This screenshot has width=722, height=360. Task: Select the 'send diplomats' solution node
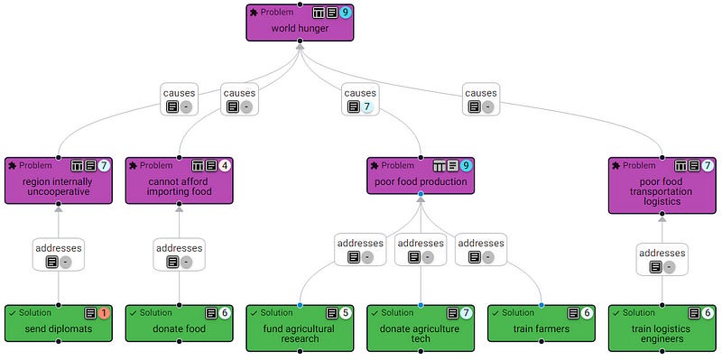pyautogui.click(x=59, y=323)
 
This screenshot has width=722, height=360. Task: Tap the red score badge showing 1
pyautogui.click(x=104, y=313)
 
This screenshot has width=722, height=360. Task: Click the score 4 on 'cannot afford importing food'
pyautogui.click(x=224, y=166)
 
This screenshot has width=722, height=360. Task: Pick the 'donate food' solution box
pyautogui.click(x=179, y=323)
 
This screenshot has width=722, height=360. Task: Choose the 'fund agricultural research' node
pyautogui.click(x=300, y=328)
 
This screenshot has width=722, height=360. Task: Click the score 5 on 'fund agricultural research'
pyautogui.click(x=346, y=313)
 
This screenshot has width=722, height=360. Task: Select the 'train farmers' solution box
pyautogui.click(x=541, y=323)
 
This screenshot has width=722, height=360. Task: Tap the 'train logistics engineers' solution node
pyautogui.click(x=662, y=328)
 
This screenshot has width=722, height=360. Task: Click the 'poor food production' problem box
pyautogui.click(x=421, y=176)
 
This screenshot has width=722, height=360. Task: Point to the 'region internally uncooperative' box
pyautogui.click(x=59, y=180)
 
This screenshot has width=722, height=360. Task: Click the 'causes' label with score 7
pyautogui.click(x=360, y=99)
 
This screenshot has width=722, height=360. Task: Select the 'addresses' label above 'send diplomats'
pyautogui.click(x=59, y=254)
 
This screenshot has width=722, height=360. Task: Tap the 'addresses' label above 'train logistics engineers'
pyautogui.click(x=662, y=259)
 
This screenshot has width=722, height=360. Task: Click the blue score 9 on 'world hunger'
pyautogui.click(x=346, y=13)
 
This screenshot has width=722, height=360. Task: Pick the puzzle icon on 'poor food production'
pyautogui.click(x=375, y=166)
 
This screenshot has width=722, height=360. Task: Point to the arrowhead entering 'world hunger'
pyautogui.click(x=300, y=47)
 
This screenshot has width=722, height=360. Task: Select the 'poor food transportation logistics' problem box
pyautogui.click(x=662, y=186)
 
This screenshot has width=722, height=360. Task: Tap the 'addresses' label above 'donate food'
pyautogui.click(x=179, y=254)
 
